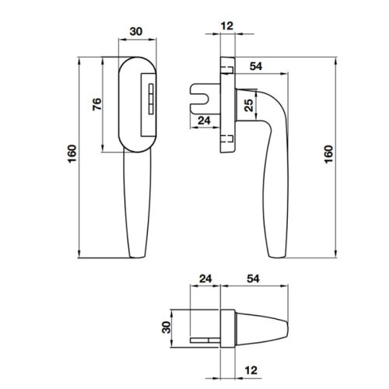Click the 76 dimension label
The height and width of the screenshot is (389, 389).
(x=97, y=105)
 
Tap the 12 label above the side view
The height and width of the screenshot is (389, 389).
(x=227, y=26)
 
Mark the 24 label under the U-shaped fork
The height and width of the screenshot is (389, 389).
(x=204, y=120)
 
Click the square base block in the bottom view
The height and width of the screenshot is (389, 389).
(x=209, y=328)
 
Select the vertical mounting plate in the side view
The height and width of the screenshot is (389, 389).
(x=228, y=105)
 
